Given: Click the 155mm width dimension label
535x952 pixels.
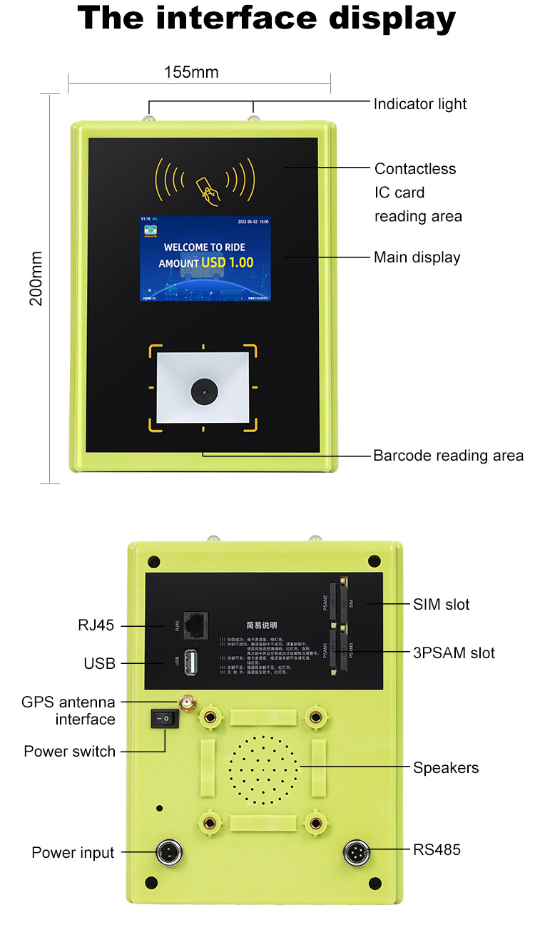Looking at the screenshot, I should tap(191, 72).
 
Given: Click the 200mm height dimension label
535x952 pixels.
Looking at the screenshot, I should tap(36, 277).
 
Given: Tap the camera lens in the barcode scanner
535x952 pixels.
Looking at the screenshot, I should tap(203, 389).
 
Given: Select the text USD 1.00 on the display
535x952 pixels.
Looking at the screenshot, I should tap(227, 262).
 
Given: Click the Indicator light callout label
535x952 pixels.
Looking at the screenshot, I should tap(420, 104).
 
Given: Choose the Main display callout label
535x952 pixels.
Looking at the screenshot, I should tap(417, 257).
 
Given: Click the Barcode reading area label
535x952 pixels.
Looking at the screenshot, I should tap(448, 456).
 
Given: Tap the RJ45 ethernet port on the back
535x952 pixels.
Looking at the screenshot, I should tap(195, 625).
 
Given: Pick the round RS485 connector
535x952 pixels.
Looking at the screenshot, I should tap(356, 851).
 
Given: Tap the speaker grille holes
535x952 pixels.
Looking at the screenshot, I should tap(263, 769).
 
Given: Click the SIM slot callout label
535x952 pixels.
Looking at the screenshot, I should tap(442, 605).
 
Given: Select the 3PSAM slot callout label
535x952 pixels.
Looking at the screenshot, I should tap(454, 653).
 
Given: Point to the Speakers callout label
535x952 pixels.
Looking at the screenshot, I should tap(446, 768).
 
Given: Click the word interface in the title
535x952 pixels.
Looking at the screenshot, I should tap(238, 19).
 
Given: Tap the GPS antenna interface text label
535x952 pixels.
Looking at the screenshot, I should tap(69, 711).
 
